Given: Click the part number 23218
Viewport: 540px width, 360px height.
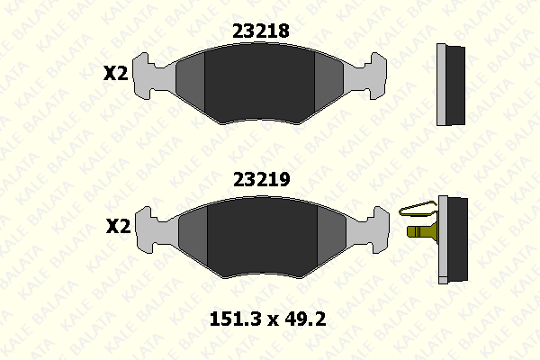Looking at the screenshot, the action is pos(261,31).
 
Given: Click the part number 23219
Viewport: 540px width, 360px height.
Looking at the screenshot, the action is pos(262,179).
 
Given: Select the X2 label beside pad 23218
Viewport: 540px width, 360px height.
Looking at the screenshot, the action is pos(116,73).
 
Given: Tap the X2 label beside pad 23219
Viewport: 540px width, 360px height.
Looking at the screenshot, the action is pos(119,226).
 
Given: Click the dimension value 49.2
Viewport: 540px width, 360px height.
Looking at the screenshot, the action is pos(305,319).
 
